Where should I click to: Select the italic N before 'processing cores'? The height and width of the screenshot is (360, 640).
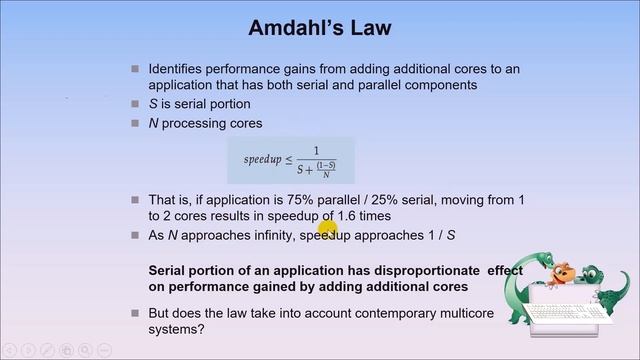pyautogui.click(x=153, y=123)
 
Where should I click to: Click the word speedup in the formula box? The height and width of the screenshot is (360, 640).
pyautogui.click(x=263, y=160)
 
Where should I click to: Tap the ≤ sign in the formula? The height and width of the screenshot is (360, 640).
pyautogui.click(x=290, y=160)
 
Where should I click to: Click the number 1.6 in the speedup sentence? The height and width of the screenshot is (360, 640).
pyautogui.click(x=378, y=216)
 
